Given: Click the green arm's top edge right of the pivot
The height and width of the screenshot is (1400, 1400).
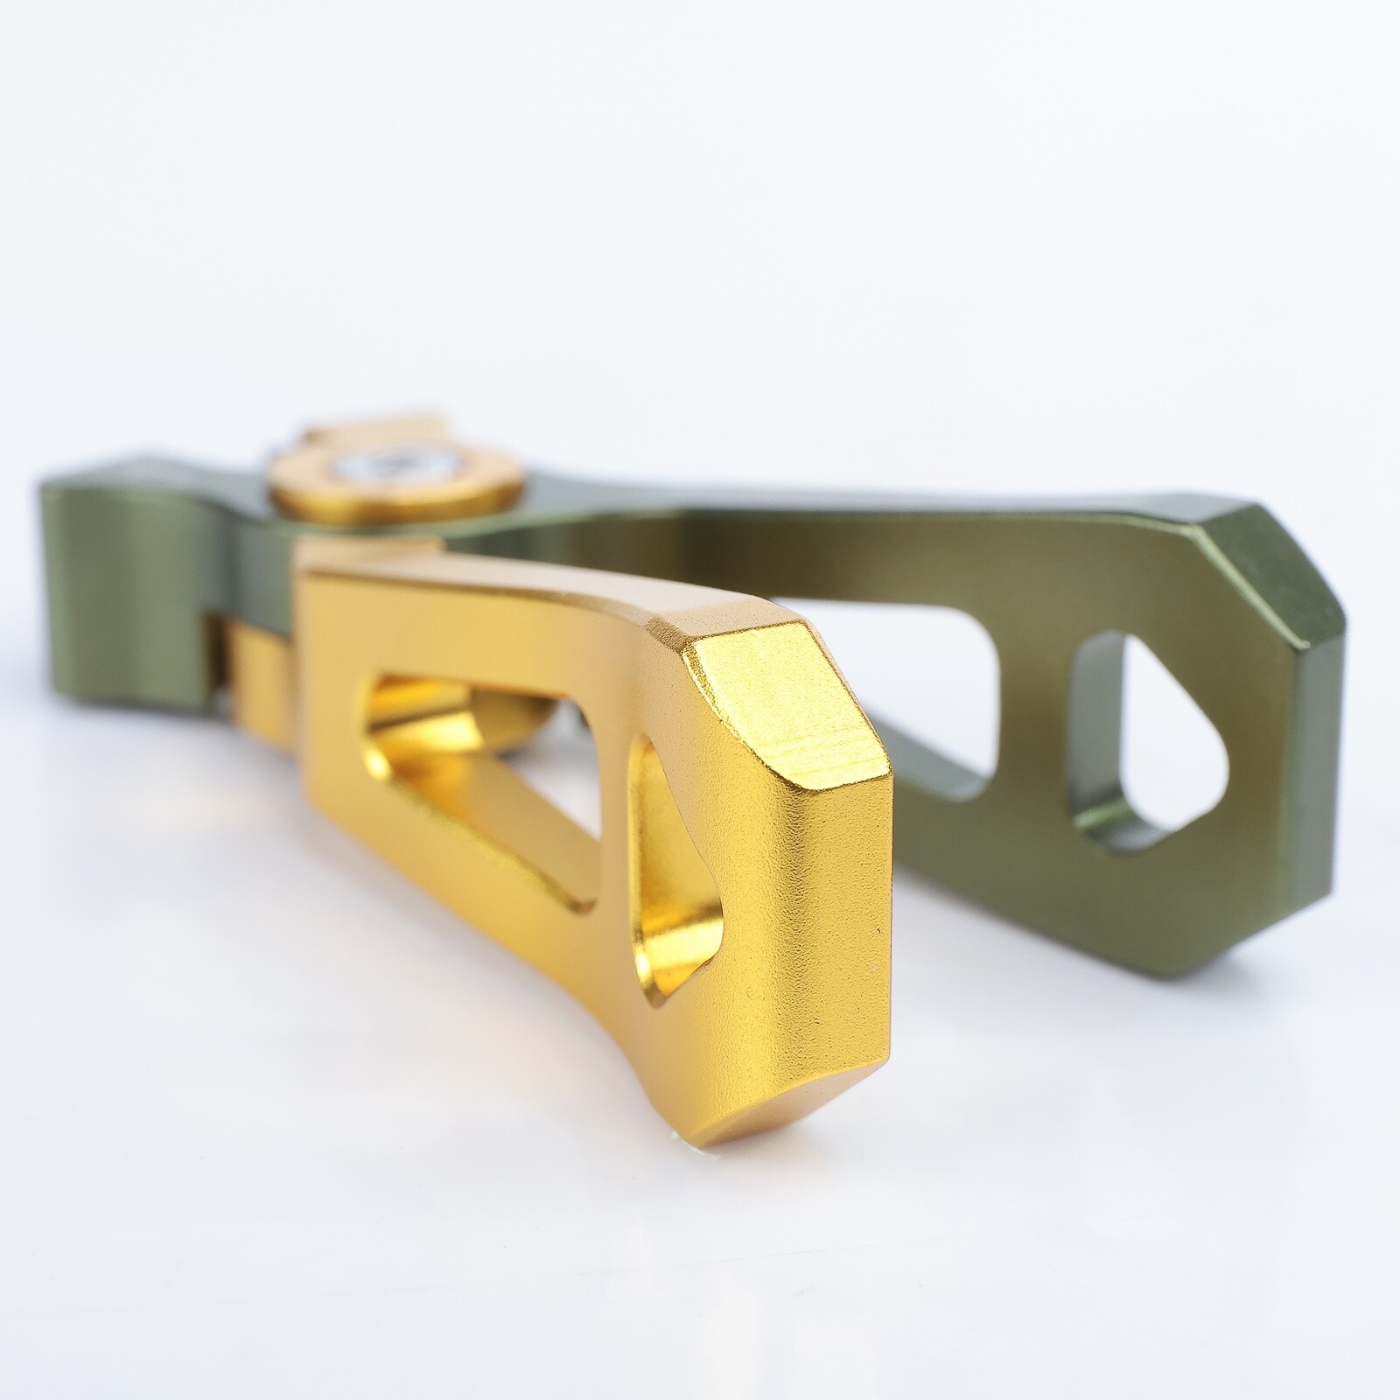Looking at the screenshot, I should (787, 516).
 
